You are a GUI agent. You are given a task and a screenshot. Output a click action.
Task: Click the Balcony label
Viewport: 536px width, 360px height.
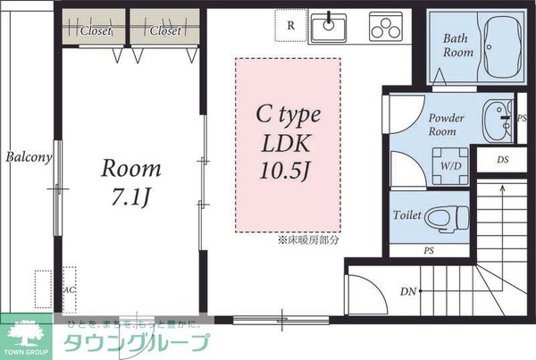pos(29,157)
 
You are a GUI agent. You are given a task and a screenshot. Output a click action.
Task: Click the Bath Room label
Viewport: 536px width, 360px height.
pos(459,46)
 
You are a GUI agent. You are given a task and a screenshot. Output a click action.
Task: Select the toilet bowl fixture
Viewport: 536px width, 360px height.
pos(444,217)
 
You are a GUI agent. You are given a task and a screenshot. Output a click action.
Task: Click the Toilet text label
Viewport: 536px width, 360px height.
pos(407,216)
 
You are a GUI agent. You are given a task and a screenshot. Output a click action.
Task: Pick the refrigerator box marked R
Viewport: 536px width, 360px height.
pos(291,26)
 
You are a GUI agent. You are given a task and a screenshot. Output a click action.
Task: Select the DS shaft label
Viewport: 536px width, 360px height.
pos(502,159)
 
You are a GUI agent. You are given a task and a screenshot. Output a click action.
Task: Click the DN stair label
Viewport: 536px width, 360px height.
pos(407,291)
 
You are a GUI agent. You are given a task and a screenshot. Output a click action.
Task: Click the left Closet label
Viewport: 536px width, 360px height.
pos(96,31)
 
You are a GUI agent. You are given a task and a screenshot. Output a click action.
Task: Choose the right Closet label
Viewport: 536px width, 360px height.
pos(165,31)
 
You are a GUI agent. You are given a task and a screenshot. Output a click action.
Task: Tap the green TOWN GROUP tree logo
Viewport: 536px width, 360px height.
pos(28,338)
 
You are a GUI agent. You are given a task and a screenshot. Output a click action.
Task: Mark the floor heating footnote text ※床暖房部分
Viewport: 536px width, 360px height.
pos(309,240)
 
